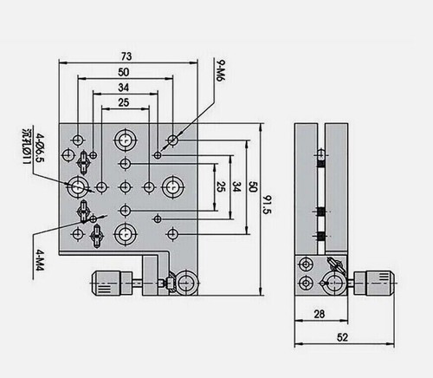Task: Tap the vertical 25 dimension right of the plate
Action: (221, 186)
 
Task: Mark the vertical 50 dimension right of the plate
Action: (252, 187)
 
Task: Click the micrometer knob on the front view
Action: (106, 281)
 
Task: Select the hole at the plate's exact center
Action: (126, 186)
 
